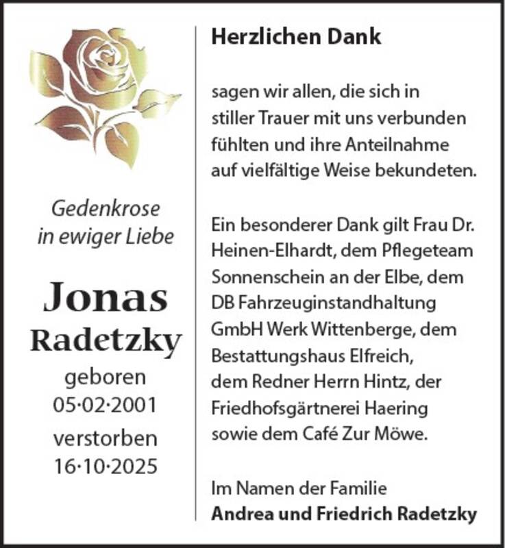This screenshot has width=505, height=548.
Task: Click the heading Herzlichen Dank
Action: [296, 37]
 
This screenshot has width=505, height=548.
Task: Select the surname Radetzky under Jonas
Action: [106, 339]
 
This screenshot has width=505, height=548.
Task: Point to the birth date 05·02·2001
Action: [106, 404]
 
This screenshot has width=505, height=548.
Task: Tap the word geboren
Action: [106, 378]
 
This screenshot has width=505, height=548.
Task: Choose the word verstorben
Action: [106, 439]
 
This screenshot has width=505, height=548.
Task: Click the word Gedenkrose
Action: [106, 208]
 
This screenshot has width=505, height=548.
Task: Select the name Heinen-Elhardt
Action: [267, 251]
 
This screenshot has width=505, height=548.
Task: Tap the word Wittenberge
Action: [364, 329]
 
